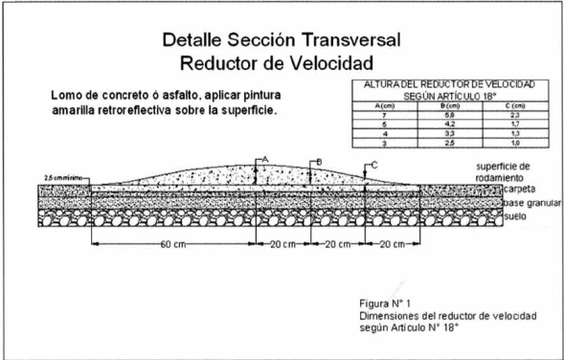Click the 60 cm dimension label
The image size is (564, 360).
(172, 243)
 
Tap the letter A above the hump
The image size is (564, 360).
(265, 156)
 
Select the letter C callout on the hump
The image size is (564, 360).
(372, 165)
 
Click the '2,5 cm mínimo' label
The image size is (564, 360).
(62, 179)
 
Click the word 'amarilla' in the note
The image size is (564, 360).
(81, 111)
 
